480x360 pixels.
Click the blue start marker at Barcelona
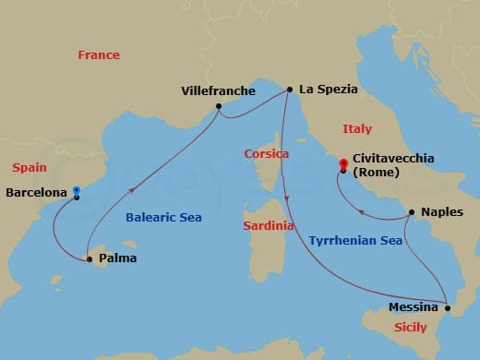click(x=77, y=193)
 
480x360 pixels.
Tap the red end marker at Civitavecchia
click(x=342, y=166)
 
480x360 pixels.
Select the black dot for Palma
click(x=90, y=259)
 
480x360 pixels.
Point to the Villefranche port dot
click(x=219, y=106)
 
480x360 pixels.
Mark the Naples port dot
click(x=411, y=212)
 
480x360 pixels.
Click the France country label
click(x=99, y=55)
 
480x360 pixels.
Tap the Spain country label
click(x=29, y=167)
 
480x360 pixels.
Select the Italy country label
click(x=357, y=129)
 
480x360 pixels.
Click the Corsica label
click(x=267, y=153)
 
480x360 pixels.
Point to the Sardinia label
click(x=269, y=225)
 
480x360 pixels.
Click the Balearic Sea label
click(x=162, y=218)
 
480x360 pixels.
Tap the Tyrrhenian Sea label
click(x=355, y=241)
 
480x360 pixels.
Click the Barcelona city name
click(x=36, y=193)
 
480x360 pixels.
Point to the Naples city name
click(x=441, y=212)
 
